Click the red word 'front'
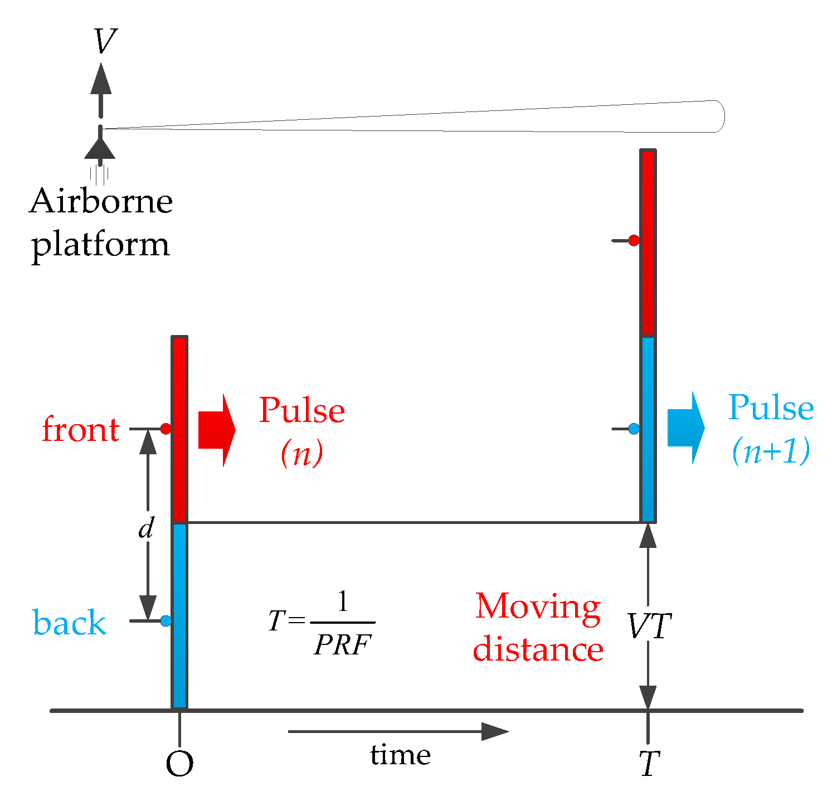point(81,430)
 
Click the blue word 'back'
point(70,622)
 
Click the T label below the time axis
point(649,764)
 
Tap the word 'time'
point(400,755)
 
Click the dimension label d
point(146,527)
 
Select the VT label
point(650,627)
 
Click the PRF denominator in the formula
point(342,645)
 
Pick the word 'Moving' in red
point(538,606)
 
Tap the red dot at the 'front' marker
point(166,429)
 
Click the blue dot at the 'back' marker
point(166,621)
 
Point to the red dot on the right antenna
point(634,240)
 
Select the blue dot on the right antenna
point(634,429)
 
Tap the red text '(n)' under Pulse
point(302,454)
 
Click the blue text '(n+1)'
point(771,452)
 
